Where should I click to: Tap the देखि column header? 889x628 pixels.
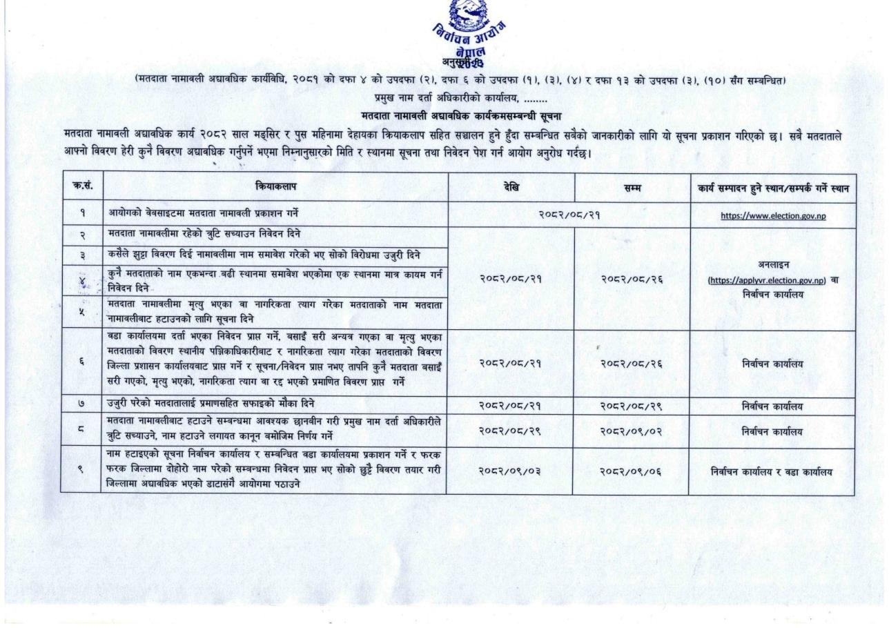click(x=511, y=186)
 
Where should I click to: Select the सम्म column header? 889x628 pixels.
click(x=631, y=186)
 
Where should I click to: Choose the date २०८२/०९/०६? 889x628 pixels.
click(x=631, y=471)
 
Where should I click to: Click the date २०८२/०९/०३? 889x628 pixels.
click(x=511, y=471)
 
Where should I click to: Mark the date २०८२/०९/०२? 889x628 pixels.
click(x=631, y=432)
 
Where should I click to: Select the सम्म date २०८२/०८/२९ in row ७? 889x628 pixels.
click(x=631, y=406)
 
